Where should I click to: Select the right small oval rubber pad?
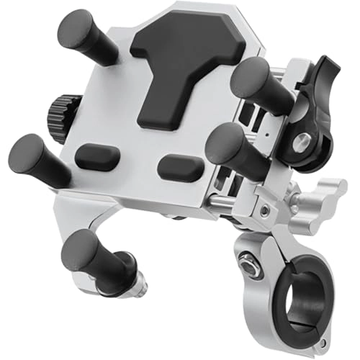point(179,168)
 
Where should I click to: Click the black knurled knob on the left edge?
point(53,111)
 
